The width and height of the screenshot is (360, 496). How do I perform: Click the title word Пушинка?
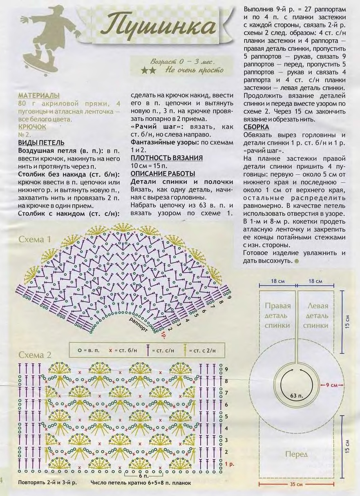pos(159,27)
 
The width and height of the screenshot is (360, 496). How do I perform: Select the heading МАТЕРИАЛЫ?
pos(39,95)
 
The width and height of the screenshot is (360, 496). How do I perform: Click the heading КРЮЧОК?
pos(32,127)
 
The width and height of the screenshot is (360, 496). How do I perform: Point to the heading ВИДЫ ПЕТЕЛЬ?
pos(41,143)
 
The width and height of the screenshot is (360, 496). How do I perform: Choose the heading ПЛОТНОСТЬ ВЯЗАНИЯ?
pos(167,158)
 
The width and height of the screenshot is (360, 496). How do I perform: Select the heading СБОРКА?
pos(256,127)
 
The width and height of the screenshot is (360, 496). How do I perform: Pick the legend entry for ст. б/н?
pos(123,350)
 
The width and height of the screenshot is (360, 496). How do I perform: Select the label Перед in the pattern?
pos(297,454)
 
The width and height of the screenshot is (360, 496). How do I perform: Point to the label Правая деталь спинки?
pos(277,315)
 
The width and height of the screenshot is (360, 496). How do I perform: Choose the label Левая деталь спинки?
pos(316,315)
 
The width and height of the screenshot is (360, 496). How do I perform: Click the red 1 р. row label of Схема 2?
pos(229,464)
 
